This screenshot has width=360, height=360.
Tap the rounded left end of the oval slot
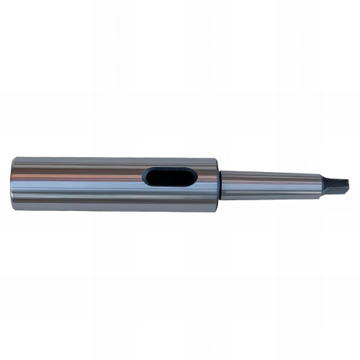[x=148, y=176]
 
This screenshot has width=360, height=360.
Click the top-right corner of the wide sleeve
[x=217, y=161]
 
